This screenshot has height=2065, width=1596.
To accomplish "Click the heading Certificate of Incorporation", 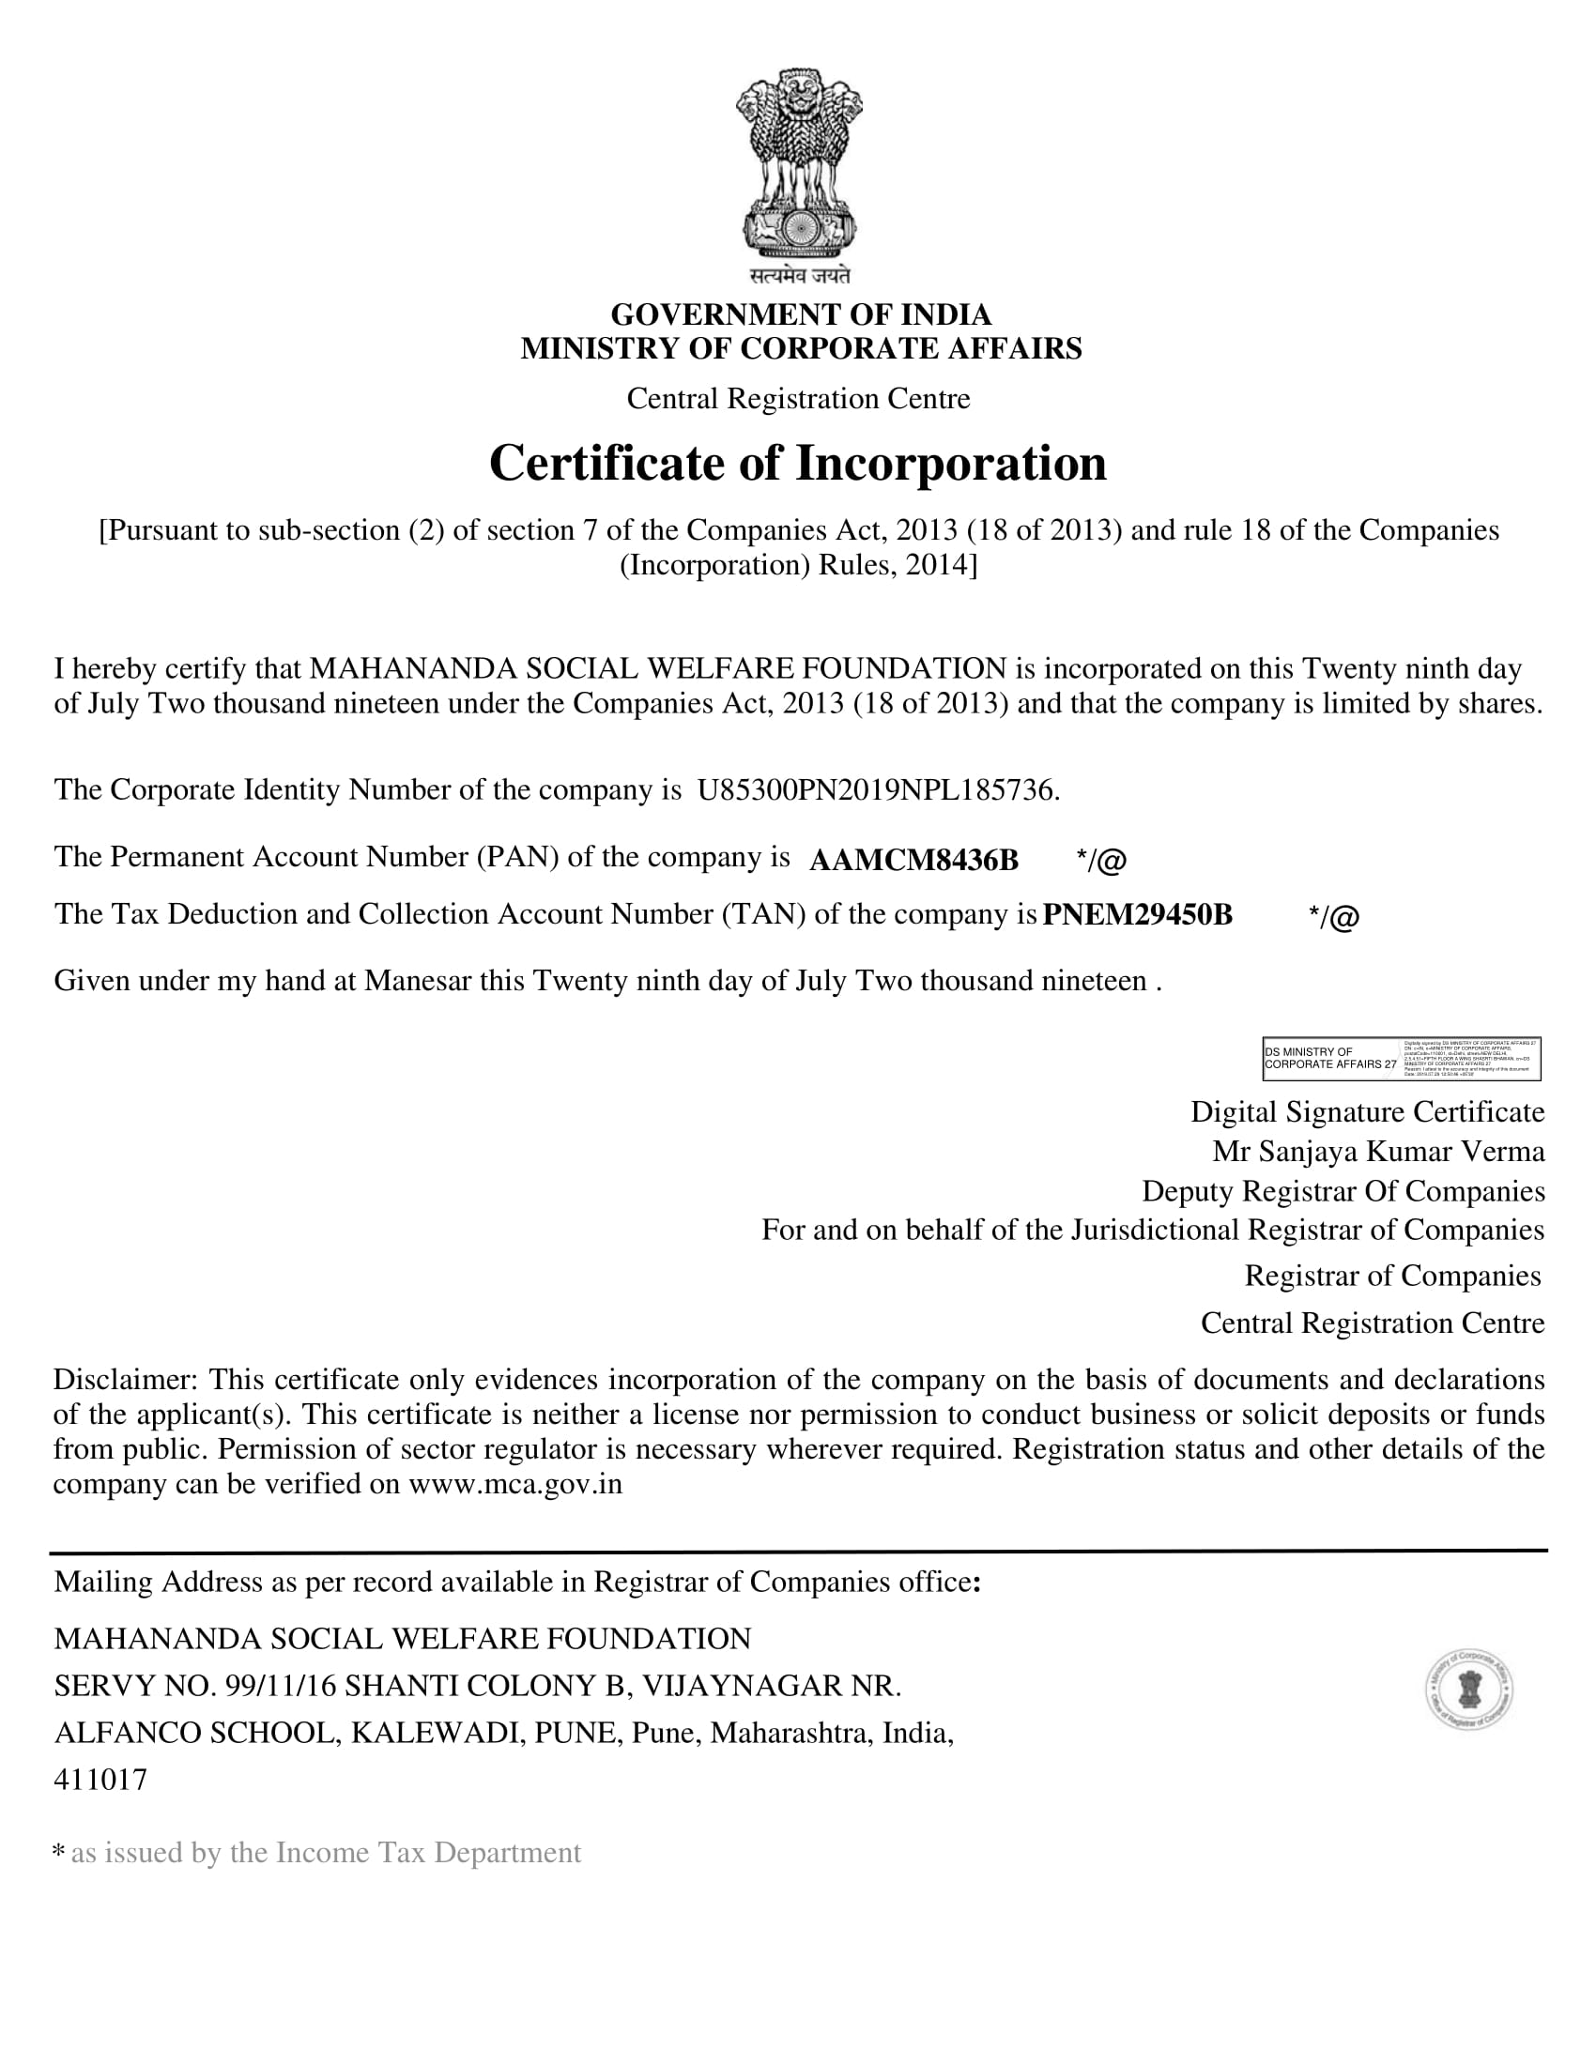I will pyautogui.click(x=797, y=464).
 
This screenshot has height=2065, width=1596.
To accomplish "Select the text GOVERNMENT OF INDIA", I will pyautogui.click(x=800, y=314).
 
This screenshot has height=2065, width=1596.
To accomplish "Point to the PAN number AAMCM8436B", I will pyautogui.click(x=913, y=860).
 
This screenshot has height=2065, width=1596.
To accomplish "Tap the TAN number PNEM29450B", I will pyautogui.click(x=1137, y=915).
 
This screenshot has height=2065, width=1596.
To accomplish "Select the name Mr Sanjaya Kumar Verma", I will pyautogui.click(x=1378, y=1151).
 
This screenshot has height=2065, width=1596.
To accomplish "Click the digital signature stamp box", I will pyautogui.click(x=1402, y=1058).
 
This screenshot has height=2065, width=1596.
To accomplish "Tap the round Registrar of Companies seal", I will pyautogui.click(x=1468, y=1690).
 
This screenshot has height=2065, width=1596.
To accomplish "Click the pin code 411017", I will pyautogui.click(x=100, y=1780).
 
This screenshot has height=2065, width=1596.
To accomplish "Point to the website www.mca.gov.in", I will pyautogui.click(x=515, y=1483).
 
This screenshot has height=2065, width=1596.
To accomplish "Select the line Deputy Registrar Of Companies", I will pyautogui.click(x=1343, y=1190).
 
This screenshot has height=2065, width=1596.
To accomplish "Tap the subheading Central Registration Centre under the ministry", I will pyautogui.click(x=798, y=399).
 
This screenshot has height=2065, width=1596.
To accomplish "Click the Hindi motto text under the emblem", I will pyautogui.click(x=800, y=275).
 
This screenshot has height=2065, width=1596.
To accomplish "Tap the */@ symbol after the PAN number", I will pyautogui.click(x=1100, y=860).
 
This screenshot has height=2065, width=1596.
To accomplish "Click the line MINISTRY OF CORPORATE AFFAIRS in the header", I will pyautogui.click(x=800, y=348).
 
